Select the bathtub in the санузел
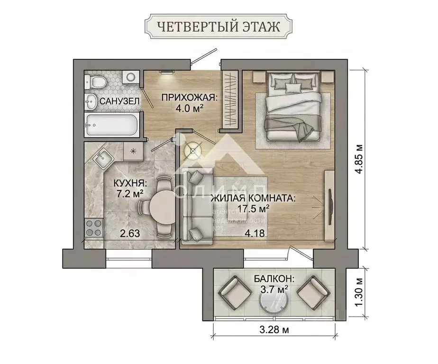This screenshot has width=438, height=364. click(x=112, y=125)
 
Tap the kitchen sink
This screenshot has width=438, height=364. click(x=101, y=159)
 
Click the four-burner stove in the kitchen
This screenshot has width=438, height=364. click(x=94, y=230)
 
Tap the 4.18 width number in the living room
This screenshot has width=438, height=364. click(x=254, y=233)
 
